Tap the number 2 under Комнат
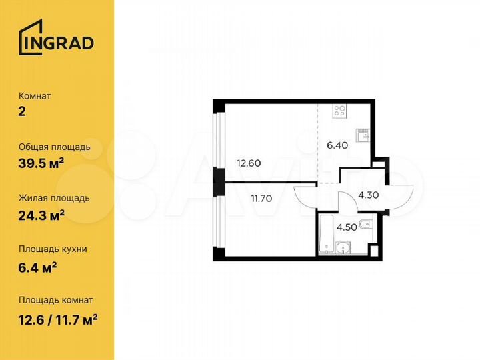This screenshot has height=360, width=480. [x=23, y=111]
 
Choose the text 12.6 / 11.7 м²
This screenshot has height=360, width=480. [x=59, y=317]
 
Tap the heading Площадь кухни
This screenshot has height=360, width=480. [x=53, y=249]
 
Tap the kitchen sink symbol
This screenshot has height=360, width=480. [x=364, y=135]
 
